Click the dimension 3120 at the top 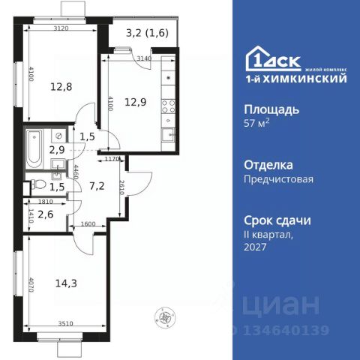tap(62, 28)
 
